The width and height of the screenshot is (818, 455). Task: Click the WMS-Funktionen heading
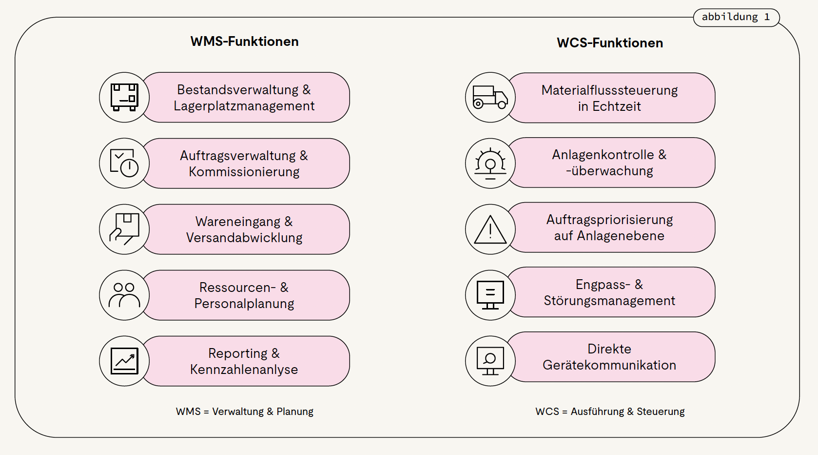coord(244,41)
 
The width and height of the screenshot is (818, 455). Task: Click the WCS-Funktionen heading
coord(610,43)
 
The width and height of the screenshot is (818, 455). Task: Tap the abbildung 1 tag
coord(736,17)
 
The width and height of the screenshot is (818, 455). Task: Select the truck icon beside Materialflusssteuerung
coord(490,98)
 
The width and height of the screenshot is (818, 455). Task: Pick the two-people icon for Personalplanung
coord(124,295)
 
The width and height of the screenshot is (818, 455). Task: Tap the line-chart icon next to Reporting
coord(124,361)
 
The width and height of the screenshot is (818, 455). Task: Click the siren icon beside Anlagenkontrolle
coord(490,163)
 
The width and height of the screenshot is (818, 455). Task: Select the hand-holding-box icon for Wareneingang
coord(124,229)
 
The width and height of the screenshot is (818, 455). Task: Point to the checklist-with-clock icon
coord(124,163)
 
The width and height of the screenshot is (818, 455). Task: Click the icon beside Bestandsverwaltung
coord(124,97)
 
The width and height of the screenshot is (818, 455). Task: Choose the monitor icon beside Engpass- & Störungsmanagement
coord(490,295)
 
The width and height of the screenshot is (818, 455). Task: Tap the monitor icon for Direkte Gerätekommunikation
coord(490,361)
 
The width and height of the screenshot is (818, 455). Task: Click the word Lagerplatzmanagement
coord(244,106)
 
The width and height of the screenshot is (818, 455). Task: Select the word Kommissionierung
coord(244,172)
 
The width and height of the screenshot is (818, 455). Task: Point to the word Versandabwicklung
coord(244,238)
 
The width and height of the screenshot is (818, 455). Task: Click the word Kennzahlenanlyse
coord(244,370)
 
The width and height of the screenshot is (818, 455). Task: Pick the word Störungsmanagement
coord(609,301)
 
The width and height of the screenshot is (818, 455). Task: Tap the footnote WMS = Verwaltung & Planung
coord(244,412)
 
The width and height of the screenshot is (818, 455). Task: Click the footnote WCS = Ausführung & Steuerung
coord(610,412)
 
